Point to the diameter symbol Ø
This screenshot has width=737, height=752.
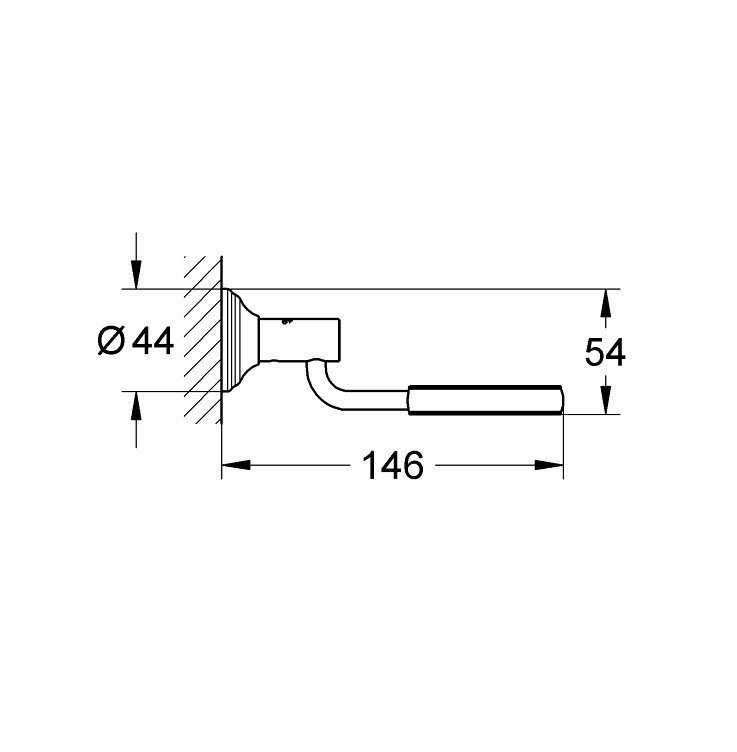[112, 342]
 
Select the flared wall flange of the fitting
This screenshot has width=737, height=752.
[240, 340]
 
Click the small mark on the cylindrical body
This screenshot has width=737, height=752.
[288, 323]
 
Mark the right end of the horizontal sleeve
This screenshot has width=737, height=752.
[563, 398]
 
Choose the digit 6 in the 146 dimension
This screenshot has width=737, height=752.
[412, 465]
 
